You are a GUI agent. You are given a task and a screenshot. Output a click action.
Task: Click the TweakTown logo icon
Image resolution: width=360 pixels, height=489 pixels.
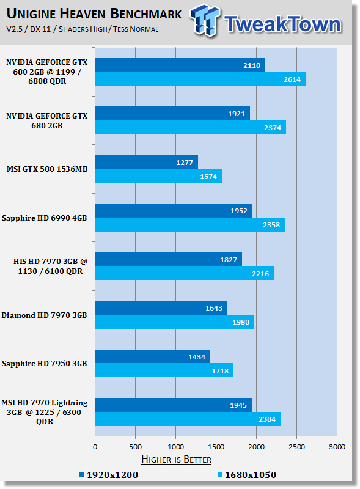pyautogui.click(x=205, y=21)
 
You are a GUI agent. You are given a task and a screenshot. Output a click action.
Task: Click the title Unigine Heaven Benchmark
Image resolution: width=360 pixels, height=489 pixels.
pyautogui.click(x=94, y=13)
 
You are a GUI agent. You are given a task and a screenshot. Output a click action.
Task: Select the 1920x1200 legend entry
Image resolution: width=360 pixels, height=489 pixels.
pyautogui.click(x=109, y=475)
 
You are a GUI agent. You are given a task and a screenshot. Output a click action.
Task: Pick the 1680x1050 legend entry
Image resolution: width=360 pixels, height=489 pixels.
pyautogui.click(x=247, y=475)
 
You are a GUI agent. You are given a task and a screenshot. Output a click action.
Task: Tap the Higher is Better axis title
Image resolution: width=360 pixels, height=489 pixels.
pyautogui.click(x=176, y=460)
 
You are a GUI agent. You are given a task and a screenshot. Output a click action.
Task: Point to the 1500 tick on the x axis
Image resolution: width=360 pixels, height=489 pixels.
pyautogui.click(x=216, y=447)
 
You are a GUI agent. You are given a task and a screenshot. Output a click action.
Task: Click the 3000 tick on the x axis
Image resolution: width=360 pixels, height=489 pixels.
pyautogui.click(x=337, y=447)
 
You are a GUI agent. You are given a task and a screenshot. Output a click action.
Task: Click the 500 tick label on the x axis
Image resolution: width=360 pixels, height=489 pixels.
pyautogui.click(x=136, y=447)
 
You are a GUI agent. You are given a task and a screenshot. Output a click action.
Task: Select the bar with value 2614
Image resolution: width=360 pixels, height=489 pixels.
pyautogui.click(x=200, y=79)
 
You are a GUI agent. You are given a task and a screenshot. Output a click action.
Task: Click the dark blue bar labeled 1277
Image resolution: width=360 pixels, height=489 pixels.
pyautogui.click(x=146, y=162)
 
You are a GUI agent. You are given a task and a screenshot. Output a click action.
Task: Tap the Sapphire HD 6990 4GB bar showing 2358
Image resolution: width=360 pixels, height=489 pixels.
pyautogui.click(x=190, y=224)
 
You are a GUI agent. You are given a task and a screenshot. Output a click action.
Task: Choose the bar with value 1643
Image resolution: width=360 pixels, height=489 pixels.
pyautogui.click(x=161, y=308)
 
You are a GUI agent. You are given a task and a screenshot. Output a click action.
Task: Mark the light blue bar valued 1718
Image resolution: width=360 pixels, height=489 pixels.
pyautogui.click(x=164, y=370)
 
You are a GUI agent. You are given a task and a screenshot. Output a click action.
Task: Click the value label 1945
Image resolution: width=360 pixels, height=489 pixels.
pyautogui.click(x=238, y=405)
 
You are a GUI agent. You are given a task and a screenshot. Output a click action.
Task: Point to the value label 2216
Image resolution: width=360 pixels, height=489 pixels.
pyautogui.click(x=260, y=274)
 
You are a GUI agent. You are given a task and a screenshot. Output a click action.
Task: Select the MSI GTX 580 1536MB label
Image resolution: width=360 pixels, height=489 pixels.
pyautogui.click(x=47, y=169)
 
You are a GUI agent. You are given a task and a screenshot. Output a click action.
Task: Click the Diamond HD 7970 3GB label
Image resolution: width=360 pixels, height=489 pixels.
pyautogui.click(x=44, y=315)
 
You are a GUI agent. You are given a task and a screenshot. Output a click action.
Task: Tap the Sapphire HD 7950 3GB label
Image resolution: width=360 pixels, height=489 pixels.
pyautogui.click(x=44, y=364)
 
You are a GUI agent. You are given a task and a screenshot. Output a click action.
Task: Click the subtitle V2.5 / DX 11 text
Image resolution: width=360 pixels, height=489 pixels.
pyautogui.click(x=28, y=29)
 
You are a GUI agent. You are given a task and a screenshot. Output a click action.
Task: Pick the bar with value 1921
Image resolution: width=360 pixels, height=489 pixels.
pyautogui.click(x=172, y=114)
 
